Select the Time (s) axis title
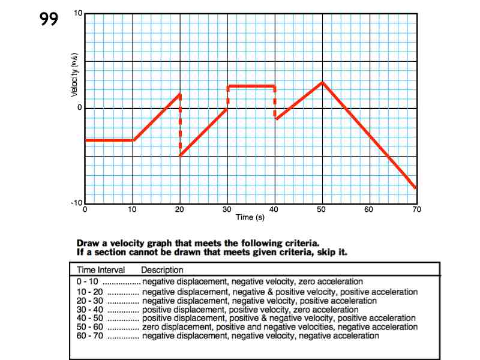pos(250,217)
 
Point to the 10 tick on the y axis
pos(78,13)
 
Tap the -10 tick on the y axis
pos(77,203)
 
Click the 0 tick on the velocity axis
pos(79,108)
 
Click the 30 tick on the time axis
pos(227,209)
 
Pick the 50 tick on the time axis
pos(322,209)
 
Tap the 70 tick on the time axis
pos(416,209)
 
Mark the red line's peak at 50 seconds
pos(322,82)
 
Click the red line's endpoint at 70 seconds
pos(415,188)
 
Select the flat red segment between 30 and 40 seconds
pos(251,86)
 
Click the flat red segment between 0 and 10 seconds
pos(109,140)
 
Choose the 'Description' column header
pos(162,271)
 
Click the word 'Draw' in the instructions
pos(89,244)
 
